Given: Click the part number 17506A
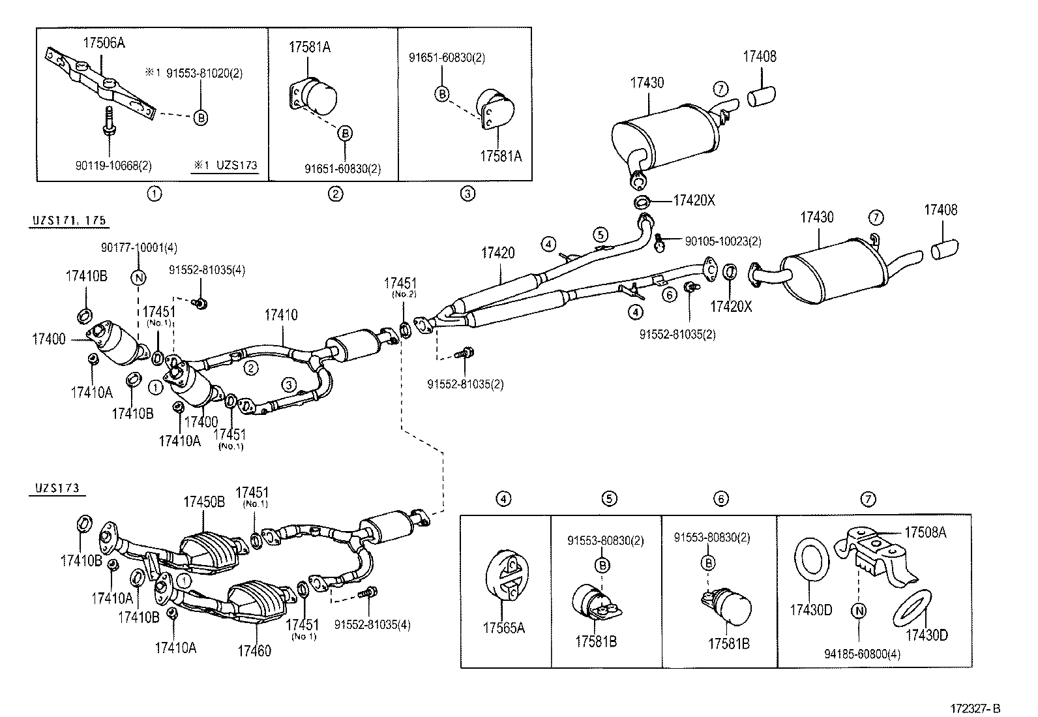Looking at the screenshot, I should coord(104,44).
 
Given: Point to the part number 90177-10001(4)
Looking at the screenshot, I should coord(139,247).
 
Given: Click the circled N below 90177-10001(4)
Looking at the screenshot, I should coord(139,277).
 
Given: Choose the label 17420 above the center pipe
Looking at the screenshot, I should coord(498,252).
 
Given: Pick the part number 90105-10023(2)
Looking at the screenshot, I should coord(722,241).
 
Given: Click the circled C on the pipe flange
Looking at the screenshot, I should coord(711,269).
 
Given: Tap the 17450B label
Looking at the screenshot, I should coord(203,502).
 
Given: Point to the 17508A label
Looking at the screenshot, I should coord(925,532).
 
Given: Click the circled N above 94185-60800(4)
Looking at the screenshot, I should coord(859,611).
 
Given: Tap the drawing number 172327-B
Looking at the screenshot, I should coord(975,709).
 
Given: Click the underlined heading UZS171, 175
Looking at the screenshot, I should coord(69,221).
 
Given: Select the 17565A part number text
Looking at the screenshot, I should coord(503,628).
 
